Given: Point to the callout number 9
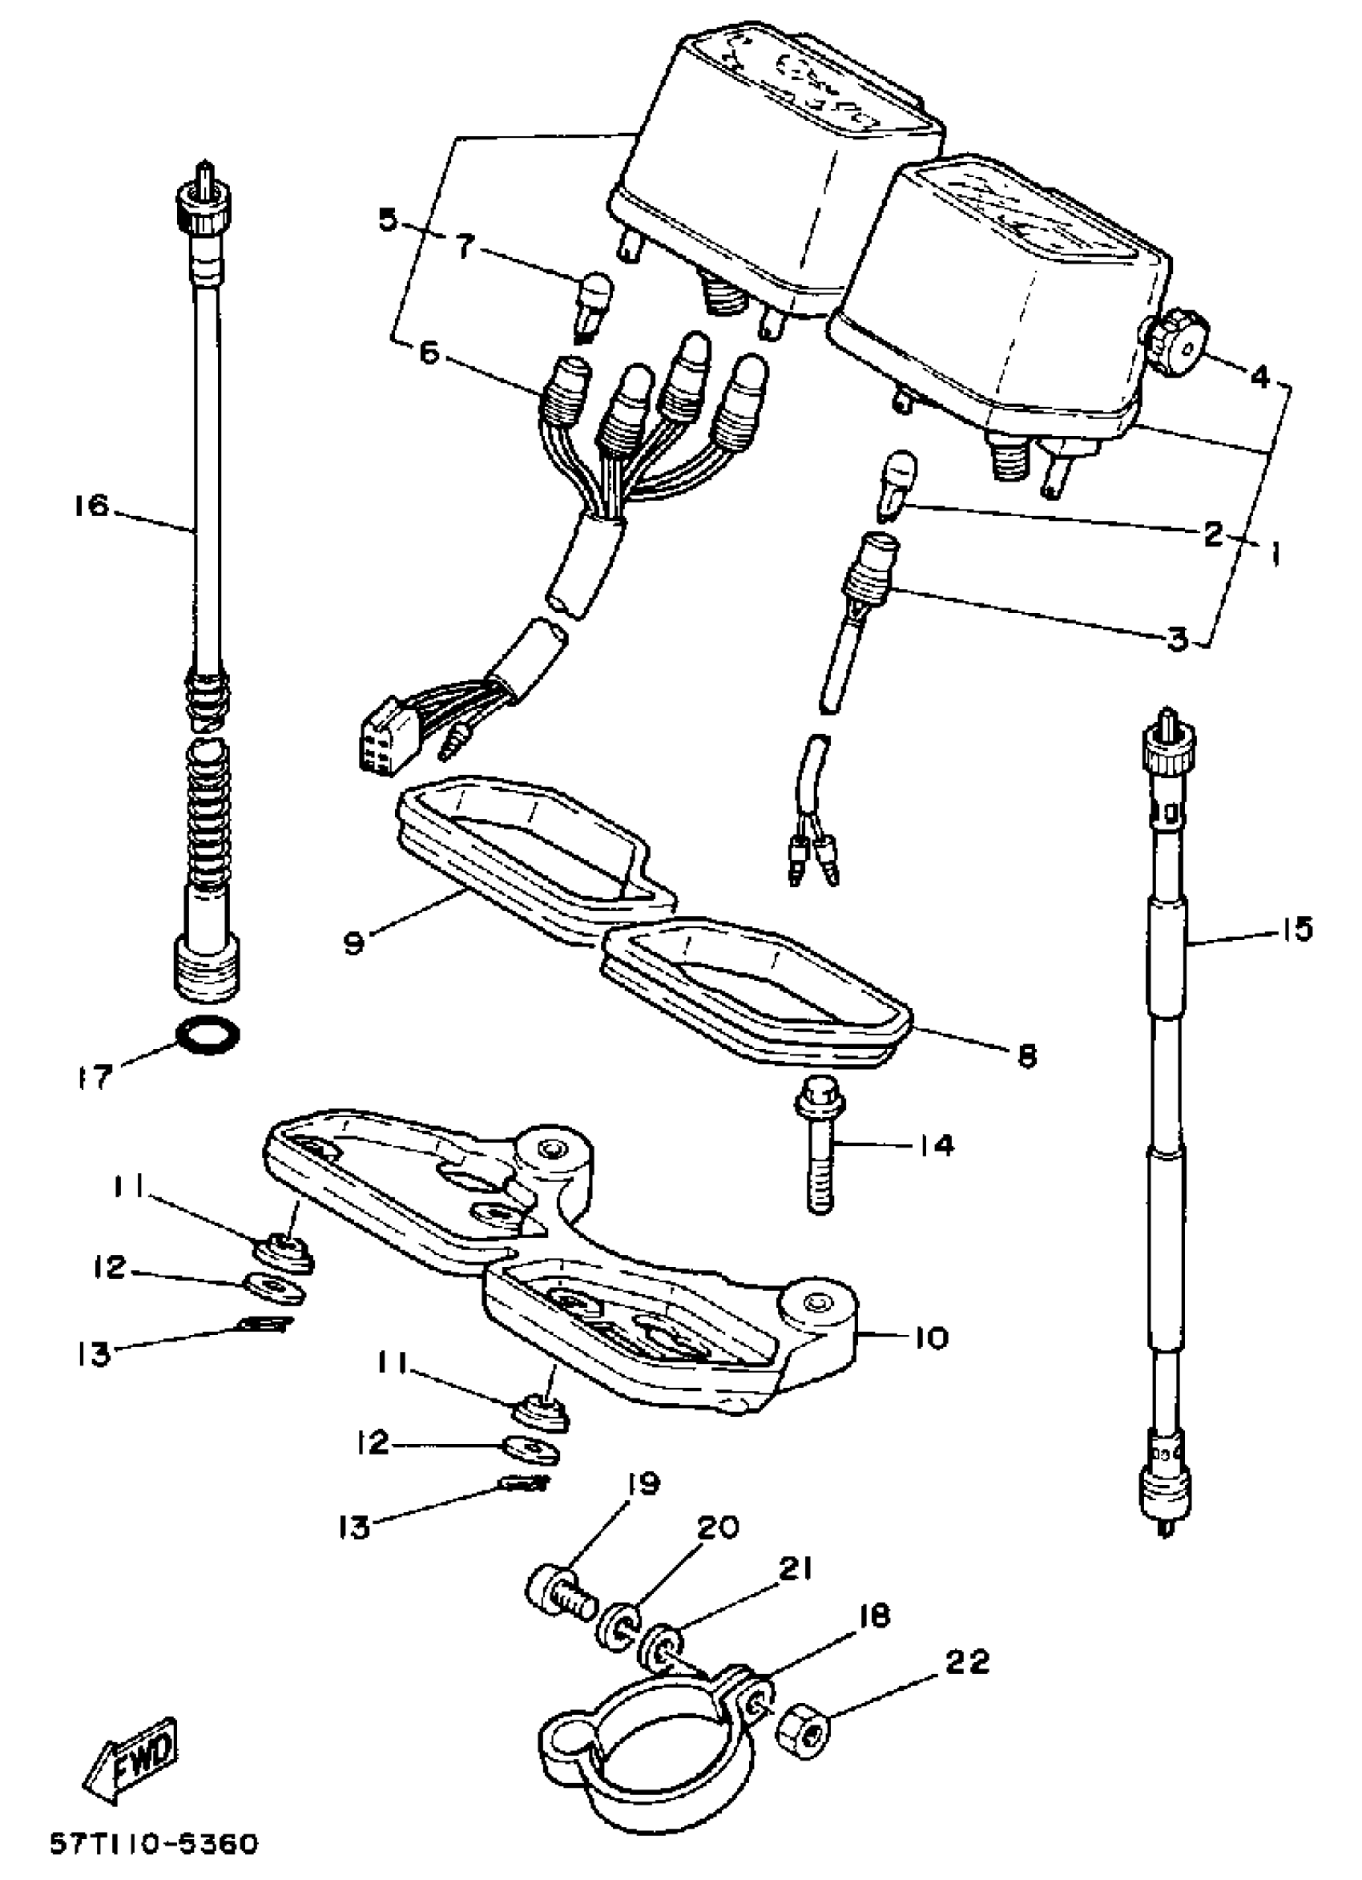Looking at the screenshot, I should click(354, 943).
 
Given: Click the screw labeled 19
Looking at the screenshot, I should click(559, 1601).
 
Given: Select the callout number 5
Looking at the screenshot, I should click(388, 221).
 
